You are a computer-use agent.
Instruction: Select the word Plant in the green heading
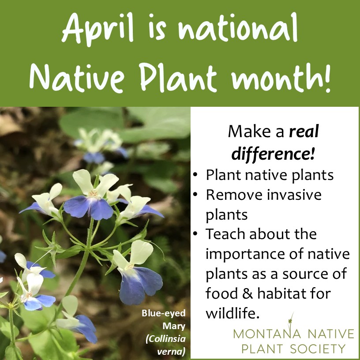pos(178,77)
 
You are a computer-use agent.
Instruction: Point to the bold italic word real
pos(304,131)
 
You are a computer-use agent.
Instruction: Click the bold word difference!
pos(273,154)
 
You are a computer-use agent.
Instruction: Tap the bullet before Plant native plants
pos(195,175)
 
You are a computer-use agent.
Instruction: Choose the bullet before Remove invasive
pos(195,195)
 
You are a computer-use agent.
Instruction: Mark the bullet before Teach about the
pos(195,234)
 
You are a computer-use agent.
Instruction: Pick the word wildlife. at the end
pos(232,313)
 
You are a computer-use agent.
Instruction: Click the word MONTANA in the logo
pos(267,334)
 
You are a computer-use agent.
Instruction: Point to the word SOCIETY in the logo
pos(318,349)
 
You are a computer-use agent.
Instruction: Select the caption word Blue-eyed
pos(164,313)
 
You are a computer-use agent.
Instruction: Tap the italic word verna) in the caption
pos(171,352)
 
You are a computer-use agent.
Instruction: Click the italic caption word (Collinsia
pos(165,339)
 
